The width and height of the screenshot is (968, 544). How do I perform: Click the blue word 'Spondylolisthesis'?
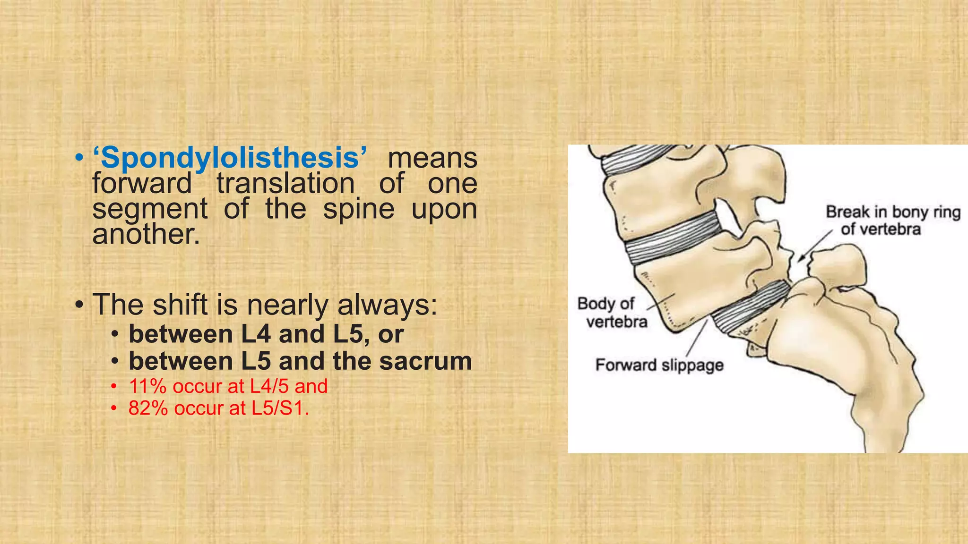pyautogui.click(x=230, y=158)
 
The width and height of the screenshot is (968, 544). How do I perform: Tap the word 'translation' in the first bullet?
pyautogui.click(x=285, y=183)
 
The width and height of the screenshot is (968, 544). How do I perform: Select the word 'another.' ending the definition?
pyautogui.click(x=146, y=234)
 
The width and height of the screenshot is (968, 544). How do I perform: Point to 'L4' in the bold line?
pyautogui.click(x=256, y=334)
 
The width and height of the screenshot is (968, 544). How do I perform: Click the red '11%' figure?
pyautogui.click(x=147, y=387)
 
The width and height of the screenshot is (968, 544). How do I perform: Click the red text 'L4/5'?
pyautogui.click(x=268, y=387)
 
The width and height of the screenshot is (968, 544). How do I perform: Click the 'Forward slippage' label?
pyautogui.click(x=659, y=365)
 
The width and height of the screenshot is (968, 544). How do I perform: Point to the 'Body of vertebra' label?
pyautogui.click(x=613, y=313)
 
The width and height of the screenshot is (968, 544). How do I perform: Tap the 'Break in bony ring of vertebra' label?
pyautogui.click(x=893, y=221)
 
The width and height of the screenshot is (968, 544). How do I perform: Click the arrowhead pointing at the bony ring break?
pyautogui.click(x=800, y=259)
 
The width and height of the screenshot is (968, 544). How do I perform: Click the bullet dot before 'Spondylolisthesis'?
pyautogui.click(x=79, y=158)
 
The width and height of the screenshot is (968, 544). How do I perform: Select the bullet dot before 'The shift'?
pyautogui.click(x=79, y=306)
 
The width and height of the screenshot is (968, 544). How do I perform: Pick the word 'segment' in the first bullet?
pyautogui.click(x=150, y=209)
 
